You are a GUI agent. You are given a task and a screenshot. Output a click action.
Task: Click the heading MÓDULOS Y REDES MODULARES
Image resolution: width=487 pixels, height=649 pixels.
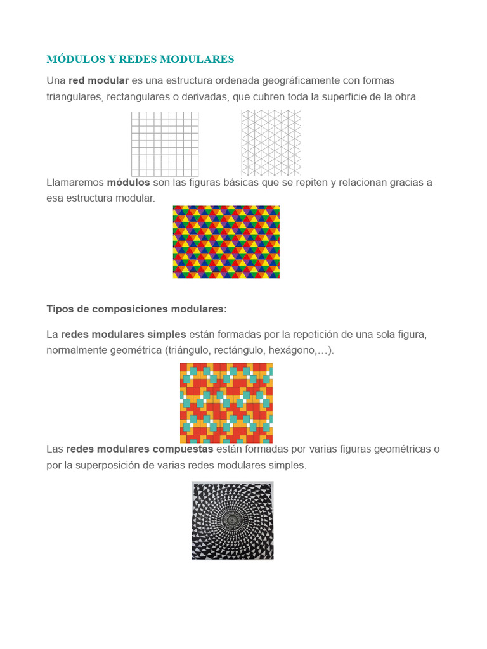pos(140,60)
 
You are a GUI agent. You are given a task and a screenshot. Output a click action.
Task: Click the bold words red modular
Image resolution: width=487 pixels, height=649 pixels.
pos(98,80)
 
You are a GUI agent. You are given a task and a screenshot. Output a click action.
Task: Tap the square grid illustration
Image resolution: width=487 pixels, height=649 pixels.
pos(165,144)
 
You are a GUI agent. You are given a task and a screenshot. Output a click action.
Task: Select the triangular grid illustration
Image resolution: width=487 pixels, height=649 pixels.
pos(271,143)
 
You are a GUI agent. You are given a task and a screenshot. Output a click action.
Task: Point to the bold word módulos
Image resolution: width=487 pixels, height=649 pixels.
pos(128,183)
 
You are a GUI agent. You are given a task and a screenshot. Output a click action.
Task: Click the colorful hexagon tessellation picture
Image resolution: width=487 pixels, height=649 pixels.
pos(226,242)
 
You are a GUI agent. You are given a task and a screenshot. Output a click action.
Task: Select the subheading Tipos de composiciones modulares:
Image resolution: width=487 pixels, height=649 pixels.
pos(136,309)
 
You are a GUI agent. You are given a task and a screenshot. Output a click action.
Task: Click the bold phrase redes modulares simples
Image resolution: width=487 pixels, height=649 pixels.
pos(124,335)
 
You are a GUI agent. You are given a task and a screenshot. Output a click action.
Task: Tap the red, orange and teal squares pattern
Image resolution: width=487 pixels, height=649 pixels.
pos(226,403)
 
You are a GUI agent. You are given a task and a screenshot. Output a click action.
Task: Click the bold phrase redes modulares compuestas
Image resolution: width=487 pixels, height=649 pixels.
pos(140,449)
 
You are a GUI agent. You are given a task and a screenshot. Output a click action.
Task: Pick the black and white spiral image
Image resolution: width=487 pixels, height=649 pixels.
pos(233,520)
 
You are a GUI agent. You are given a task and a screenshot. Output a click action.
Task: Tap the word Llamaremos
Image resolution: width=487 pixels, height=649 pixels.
pos(74,183)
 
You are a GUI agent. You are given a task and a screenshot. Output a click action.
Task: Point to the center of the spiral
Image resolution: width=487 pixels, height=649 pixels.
pos(233,520)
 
